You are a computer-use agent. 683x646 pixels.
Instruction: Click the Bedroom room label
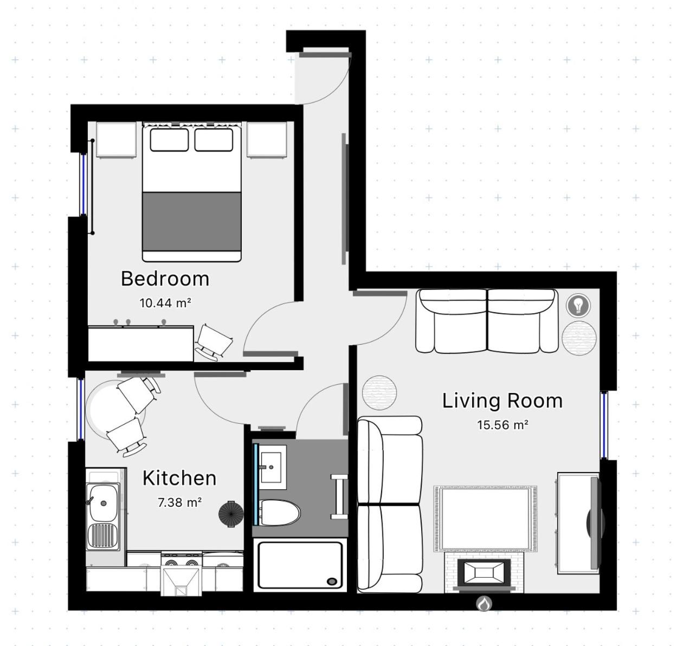click(165, 279)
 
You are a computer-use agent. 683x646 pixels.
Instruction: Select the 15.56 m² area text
click(502, 425)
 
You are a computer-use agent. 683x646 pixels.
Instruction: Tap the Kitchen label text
click(179, 478)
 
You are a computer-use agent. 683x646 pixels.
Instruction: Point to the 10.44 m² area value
click(165, 303)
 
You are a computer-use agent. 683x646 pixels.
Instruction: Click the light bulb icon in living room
click(578, 305)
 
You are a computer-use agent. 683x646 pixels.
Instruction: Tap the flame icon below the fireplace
click(484, 603)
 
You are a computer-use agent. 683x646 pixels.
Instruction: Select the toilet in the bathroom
click(279, 513)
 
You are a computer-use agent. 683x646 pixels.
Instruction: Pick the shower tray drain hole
click(331, 582)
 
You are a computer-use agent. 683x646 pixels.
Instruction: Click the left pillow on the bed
click(169, 140)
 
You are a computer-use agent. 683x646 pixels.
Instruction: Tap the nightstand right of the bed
click(266, 140)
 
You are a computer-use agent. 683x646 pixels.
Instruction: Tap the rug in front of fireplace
click(485, 519)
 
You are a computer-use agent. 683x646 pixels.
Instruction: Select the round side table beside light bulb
click(578, 337)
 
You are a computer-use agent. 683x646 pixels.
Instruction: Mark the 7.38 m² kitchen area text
click(179, 502)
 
